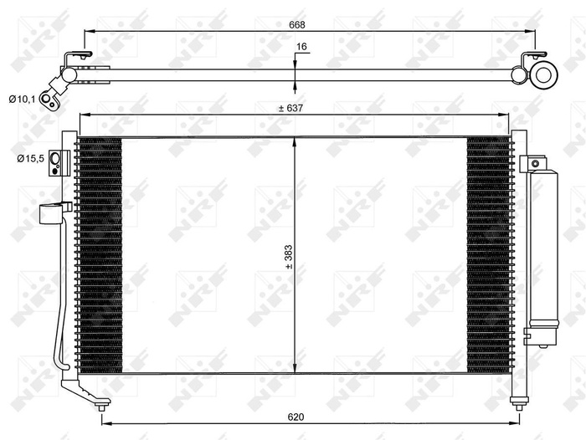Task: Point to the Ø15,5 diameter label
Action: (28, 158)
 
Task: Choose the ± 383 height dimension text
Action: (287, 256)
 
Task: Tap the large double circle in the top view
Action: (543, 74)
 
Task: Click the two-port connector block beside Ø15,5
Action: (56, 161)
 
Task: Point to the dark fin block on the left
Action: (100, 255)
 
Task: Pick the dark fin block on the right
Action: (487, 255)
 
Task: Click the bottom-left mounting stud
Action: (102, 407)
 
